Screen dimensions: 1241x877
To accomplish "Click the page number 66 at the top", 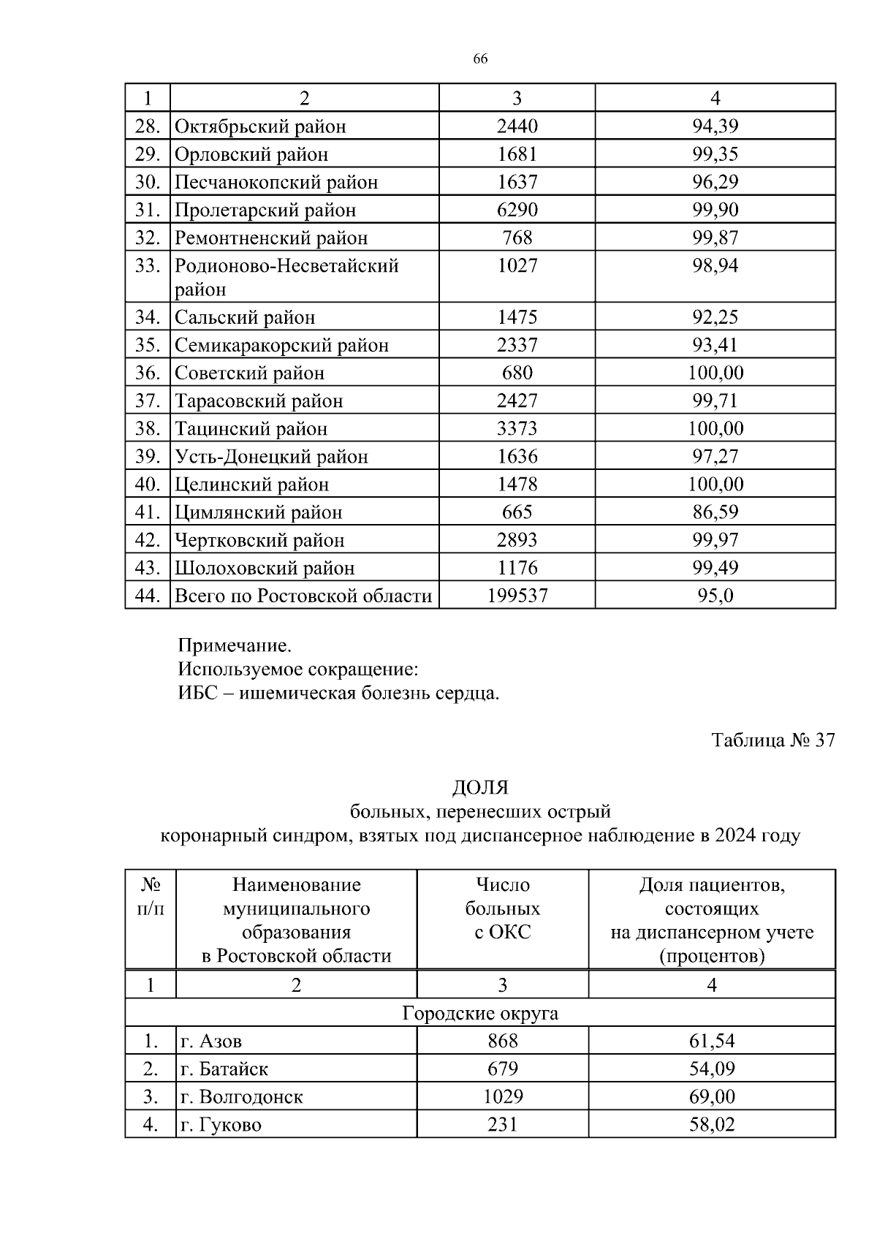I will pyautogui.click(x=480, y=59).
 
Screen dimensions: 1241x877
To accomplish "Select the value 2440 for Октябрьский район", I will pyautogui.click(x=517, y=126).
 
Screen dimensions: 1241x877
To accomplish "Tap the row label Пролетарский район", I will pyautogui.click(x=265, y=210).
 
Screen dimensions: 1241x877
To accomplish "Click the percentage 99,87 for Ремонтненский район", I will pyautogui.click(x=715, y=238).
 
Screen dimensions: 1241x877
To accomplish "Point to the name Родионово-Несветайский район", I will pyautogui.click(x=286, y=276).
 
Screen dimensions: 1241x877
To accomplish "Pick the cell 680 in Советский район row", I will pyautogui.click(x=517, y=373).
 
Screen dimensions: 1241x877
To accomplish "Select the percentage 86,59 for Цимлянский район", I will pyautogui.click(x=715, y=512).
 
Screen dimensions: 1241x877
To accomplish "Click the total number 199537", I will pyautogui.click(x=517, y=596).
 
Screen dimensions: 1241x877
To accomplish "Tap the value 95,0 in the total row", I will pyautogui.click(x=715, y=596).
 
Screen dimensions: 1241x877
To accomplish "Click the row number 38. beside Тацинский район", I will pyautogui.click(x=148, y=428).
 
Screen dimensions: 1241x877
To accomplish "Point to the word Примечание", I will pyautogui.click(x=235, y=645).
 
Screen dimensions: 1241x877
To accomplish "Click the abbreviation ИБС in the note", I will pyautogui.click(x=197, y=693).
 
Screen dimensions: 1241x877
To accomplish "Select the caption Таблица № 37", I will pyautogui.click(x=772, y=740).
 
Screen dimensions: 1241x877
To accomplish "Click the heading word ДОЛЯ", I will pyautogui.click(x=480, y=787).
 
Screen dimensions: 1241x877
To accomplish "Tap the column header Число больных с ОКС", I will pyautogui.click(x=502, y=908).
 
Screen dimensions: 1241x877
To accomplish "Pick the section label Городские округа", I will pyautogui.click(x=480, y=1014).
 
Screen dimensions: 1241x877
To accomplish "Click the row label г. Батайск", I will pyautogui.click(x=224, y=1069).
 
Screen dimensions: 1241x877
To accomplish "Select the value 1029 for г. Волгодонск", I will pyautogui.click(x=502, y=1097).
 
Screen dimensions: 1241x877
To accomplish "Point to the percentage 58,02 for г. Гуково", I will pyautogui.click(x=711, y=1125).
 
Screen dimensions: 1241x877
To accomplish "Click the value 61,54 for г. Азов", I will pyautogui.click(x=711, y=1041).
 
